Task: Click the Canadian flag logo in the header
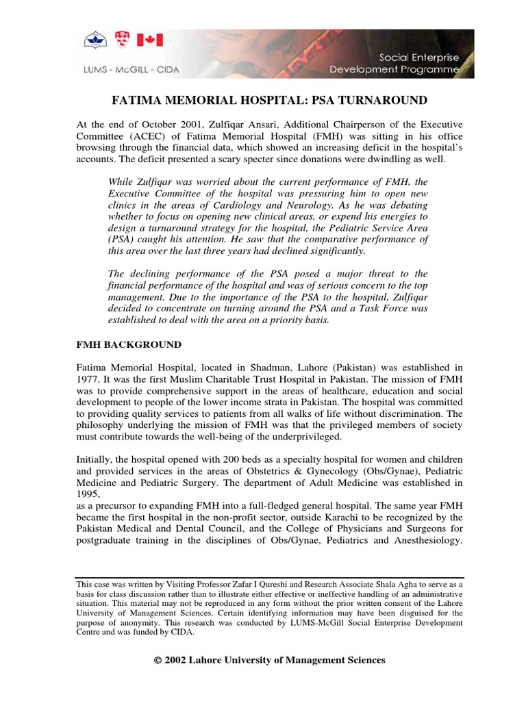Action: pos(151,41)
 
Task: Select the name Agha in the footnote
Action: pos(388,585)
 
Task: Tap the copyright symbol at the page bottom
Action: pos(158,661)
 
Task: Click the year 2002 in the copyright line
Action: pos(178,661)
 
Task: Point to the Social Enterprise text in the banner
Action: pos(425,56)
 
